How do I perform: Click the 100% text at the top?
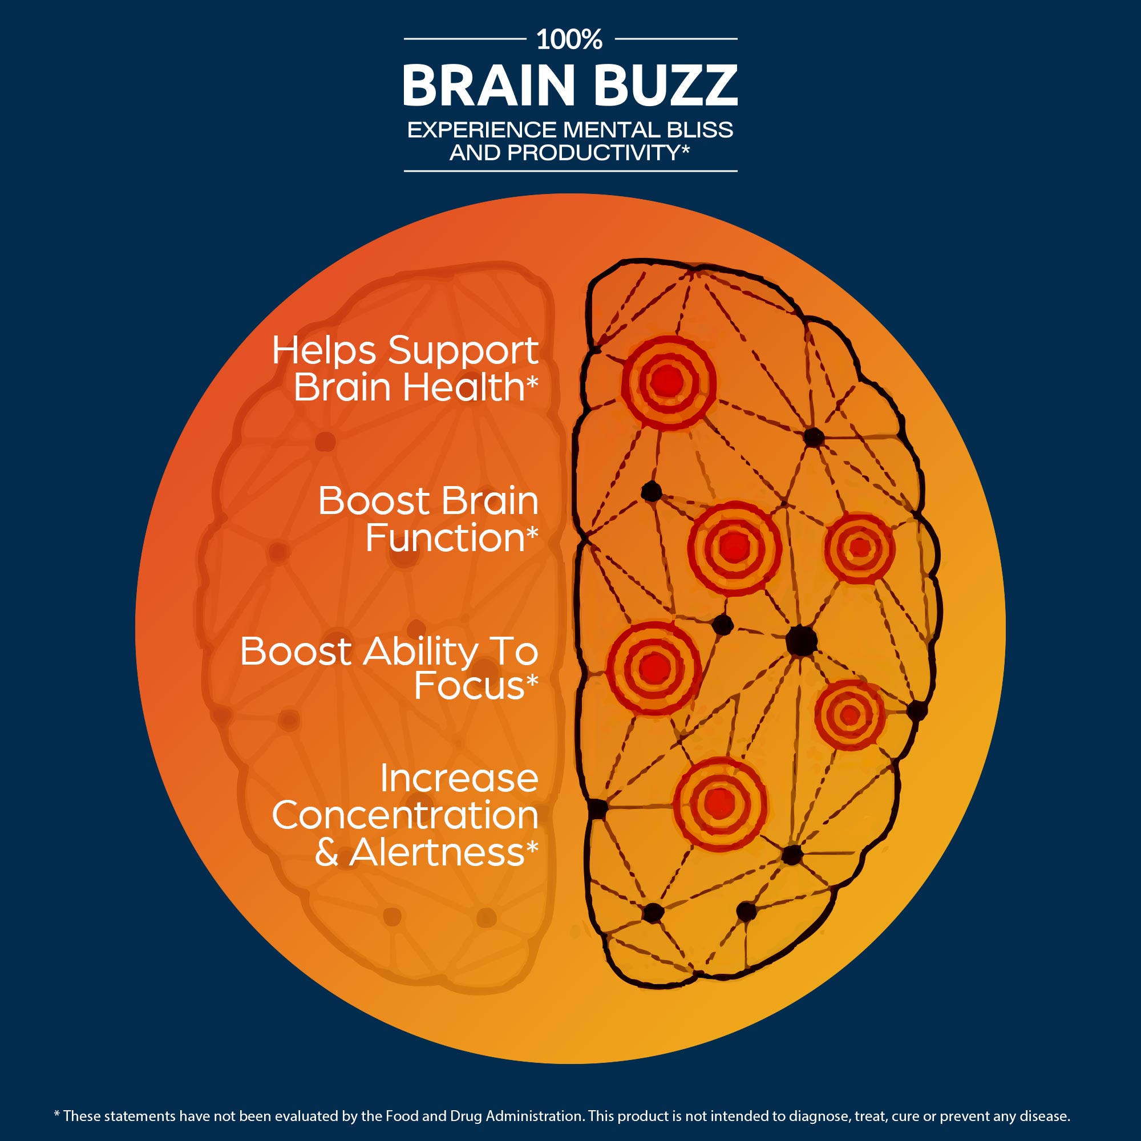569,39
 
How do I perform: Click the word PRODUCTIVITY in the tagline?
594,152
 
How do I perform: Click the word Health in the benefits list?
464,388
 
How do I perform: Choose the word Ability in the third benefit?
421,653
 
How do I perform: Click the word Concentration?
405,816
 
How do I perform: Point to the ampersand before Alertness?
326,853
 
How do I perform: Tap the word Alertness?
437,852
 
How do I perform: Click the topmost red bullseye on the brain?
668,382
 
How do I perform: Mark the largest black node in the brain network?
802,640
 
